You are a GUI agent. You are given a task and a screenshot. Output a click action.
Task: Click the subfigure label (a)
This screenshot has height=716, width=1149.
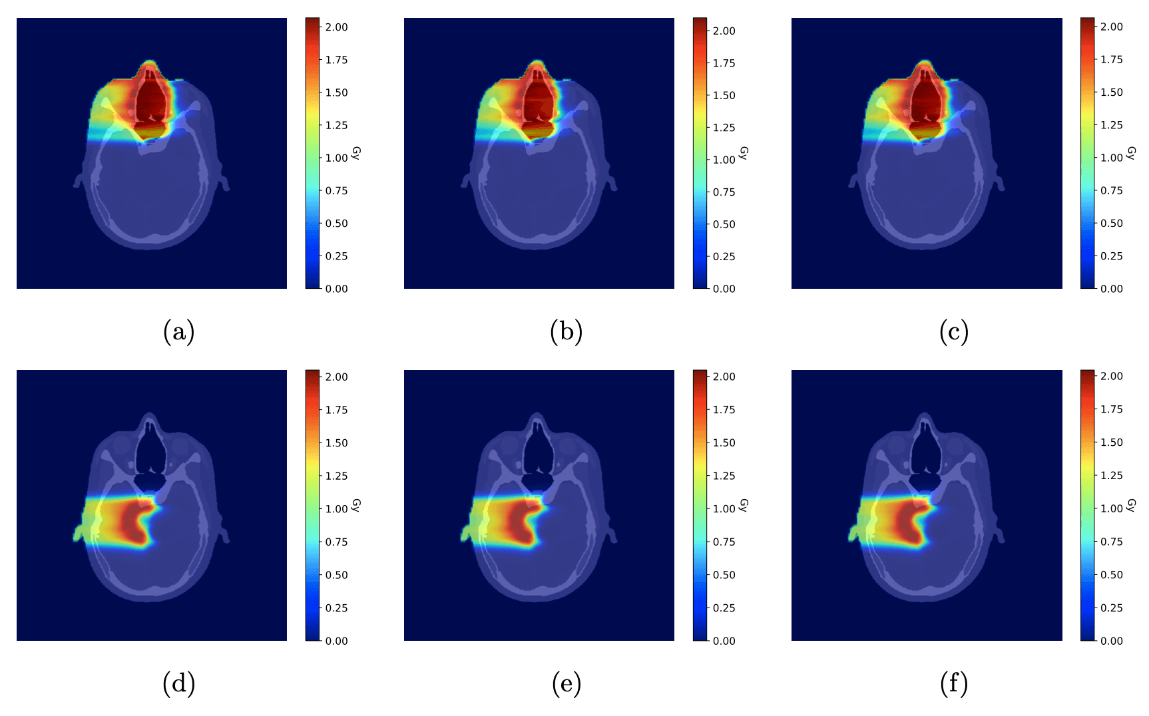(x=178, y=331)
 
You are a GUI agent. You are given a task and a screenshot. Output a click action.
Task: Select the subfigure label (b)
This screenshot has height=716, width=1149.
(x=566, y=331)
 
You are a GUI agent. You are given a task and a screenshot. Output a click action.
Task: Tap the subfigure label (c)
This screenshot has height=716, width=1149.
(x=953, y=331)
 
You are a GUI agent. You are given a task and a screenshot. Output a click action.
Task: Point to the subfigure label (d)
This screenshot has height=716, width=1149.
(x=178, y=683)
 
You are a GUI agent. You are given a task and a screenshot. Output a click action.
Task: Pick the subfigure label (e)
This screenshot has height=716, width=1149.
(x=566, y=683)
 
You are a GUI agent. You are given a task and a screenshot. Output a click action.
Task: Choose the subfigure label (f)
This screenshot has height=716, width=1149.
(x=953, y=683)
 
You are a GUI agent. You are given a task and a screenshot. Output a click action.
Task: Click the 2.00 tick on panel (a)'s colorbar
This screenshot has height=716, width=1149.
(x=336, y=27)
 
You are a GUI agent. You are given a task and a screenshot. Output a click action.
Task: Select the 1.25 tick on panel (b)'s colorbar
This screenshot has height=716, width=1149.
(x=724, y=128)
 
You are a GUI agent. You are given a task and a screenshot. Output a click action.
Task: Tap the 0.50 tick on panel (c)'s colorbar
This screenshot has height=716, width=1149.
(x=1111, y=224)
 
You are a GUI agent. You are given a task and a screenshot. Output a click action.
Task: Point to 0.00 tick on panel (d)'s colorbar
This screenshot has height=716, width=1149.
(x=336, y=641)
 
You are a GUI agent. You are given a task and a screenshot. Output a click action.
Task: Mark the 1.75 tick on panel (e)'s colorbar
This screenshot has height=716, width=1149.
(x=724, y=410)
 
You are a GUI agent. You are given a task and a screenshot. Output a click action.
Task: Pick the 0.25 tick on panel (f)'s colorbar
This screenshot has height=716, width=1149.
(x=1111, y=608)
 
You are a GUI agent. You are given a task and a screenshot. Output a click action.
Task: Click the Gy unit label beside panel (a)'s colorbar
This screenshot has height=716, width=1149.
(x=356, y=154)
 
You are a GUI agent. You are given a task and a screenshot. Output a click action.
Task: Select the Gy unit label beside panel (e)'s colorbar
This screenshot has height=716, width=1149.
(x=744, y=506)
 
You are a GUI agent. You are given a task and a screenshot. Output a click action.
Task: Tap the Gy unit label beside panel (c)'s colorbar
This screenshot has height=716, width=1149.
(x=1131, y=154)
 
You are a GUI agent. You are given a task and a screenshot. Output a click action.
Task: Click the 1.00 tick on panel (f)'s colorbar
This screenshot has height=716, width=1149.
(x=1111, y=508)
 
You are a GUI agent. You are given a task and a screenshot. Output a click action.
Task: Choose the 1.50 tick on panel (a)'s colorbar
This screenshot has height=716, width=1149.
(x=336, y=92)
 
